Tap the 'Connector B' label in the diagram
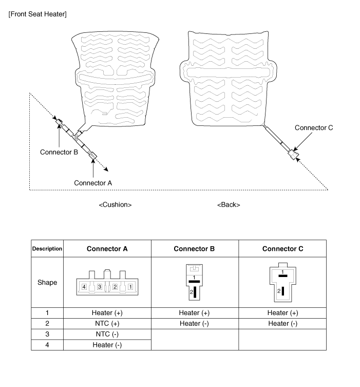point(59,152)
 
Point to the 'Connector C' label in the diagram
point(314,128)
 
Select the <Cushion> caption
point(115,205)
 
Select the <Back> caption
point(229,205)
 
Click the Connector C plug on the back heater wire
point(294,154)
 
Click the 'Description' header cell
point(47,249)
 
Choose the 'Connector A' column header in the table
point(107,249)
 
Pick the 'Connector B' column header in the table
point(194,249)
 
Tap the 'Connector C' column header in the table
point(282,249)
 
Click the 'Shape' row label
point(47,282)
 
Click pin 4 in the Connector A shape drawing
point(84,286)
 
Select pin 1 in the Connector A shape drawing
point(130,286)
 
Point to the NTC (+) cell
point(107,323)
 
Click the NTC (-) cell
point(107,334)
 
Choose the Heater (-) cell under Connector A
point(107,344)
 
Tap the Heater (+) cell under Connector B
point(194,312)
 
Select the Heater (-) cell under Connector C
point(282,323)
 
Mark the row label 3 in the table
point(47,334)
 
